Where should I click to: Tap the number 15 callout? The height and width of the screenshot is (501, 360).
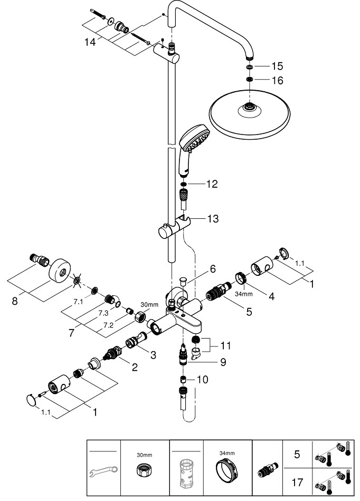[x=277, y=66]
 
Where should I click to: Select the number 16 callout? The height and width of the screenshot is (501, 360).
[x=277, y=81]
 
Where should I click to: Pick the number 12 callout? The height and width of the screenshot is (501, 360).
[x=212, y=184]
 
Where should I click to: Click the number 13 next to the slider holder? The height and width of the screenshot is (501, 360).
[x=213, y=218]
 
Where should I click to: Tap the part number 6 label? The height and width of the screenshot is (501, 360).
[x=212, y=269]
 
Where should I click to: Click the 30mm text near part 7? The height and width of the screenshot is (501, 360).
[x=149, y=305]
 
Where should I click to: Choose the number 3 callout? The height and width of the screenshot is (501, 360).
[x=153, y=355]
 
